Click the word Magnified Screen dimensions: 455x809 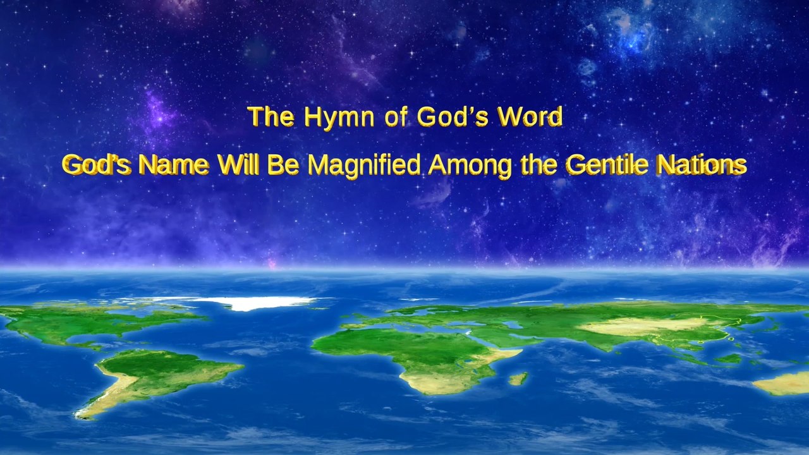click(x=363, y=166)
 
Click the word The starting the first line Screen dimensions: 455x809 click(x=271, y=118)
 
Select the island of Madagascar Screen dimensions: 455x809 click(x=518, y=379)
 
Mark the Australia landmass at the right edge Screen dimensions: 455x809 click(x=784, y=382)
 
